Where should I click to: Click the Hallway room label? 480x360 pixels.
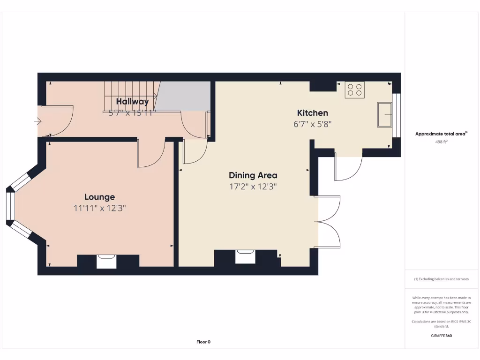132,102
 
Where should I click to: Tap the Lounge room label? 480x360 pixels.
99,197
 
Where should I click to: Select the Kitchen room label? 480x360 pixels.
312,112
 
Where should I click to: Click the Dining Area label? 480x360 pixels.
253,175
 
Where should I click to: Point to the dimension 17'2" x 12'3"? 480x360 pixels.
253,187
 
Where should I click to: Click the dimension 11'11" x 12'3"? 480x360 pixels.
99,208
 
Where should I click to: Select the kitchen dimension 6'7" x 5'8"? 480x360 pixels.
312,124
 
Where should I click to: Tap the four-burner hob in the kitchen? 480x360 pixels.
354,90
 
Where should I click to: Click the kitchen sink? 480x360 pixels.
385,114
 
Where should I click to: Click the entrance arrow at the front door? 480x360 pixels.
37,122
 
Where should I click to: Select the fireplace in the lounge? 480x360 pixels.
106,261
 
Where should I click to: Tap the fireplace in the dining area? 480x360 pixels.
246,257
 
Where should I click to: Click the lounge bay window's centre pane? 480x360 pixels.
10,206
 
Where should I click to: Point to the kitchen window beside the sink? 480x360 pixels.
397,115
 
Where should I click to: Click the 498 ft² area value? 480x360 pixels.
441,141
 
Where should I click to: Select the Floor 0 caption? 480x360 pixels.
203,342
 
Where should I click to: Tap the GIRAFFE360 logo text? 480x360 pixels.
441,336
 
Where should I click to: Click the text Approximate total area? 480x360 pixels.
440,134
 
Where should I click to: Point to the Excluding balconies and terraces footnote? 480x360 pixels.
441,279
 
